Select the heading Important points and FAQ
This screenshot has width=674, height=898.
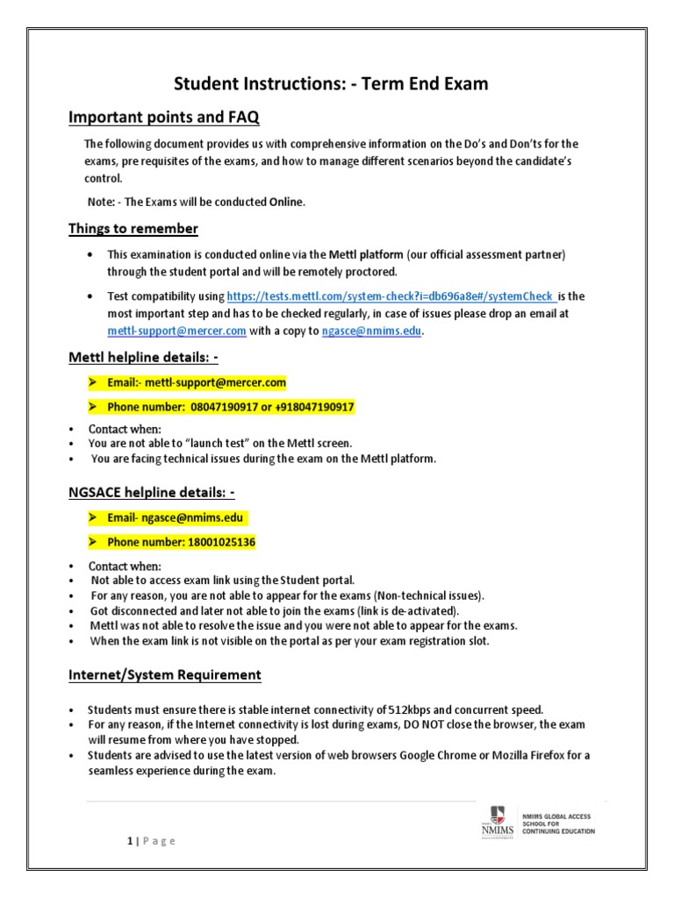point(164,117)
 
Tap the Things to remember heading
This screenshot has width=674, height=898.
point(133,229)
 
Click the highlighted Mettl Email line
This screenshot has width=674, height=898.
point(197,383)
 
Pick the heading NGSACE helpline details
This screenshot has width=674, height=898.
point(152,493)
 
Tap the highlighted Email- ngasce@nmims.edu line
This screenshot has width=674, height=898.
point(176,518)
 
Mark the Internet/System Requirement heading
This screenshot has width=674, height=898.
point(165,674)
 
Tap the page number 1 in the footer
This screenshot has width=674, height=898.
point(128,841)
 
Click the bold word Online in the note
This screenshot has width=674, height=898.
point(285,202)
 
